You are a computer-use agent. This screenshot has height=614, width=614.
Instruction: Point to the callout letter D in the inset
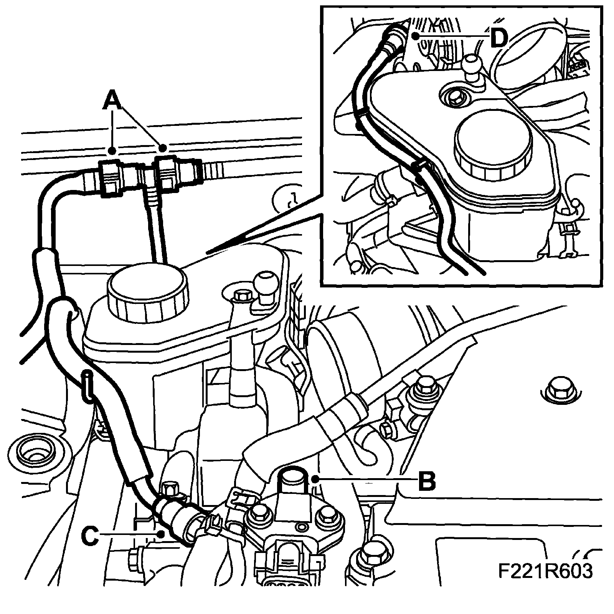[498, 38]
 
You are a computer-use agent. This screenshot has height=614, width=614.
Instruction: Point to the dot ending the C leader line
[163, 534]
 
